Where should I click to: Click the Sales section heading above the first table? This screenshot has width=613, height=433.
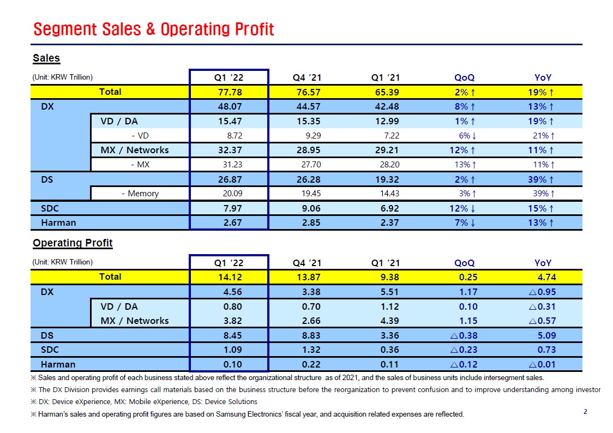tap(46, 58)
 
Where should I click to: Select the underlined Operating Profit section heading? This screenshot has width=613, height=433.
tap(73, 243)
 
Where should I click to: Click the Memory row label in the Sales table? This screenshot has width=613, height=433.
tap(140, 194)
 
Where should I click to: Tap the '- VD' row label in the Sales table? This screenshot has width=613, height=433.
tap(140, 136)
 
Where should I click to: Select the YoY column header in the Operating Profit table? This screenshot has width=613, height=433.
tap(543, 262)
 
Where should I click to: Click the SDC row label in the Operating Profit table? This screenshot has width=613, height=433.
tap(51, 350)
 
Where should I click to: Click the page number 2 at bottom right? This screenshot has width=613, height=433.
tap(585, 412)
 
